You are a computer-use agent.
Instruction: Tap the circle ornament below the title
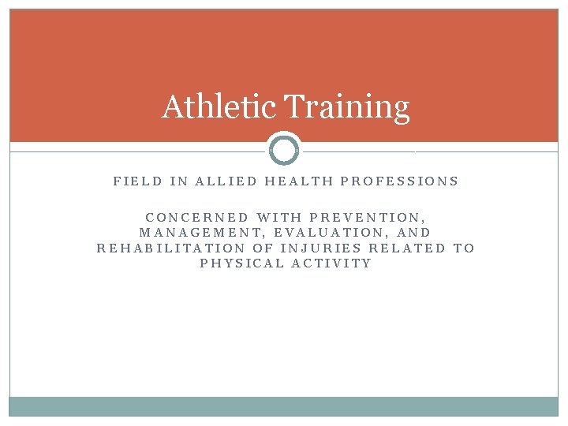(284, 149)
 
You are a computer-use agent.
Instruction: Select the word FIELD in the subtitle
(138, 181)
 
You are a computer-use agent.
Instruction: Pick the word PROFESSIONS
(399, 181)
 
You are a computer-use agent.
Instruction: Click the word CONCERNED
(197, 217)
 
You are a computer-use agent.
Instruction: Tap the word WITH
(279, 217)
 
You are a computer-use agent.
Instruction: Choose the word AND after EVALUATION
(415, 233)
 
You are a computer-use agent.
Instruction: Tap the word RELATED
(408, 248)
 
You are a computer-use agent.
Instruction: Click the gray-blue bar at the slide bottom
(284, 406)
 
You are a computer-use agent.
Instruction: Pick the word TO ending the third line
(465, 248)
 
